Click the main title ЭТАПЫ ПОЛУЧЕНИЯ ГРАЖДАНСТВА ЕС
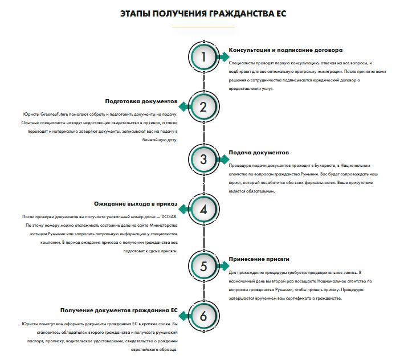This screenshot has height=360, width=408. pos(203,13)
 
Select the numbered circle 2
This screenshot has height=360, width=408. pos(204,107)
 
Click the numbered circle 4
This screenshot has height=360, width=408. pos(204,210)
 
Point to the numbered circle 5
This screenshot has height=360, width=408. pos(204,265)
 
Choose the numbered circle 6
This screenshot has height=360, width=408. pos(204,315)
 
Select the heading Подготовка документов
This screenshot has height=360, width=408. pos(142,101)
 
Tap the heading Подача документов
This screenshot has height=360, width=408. pos(259,153)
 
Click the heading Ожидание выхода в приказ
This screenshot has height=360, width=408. pos(136,203)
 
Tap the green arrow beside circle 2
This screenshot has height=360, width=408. pos(185,107)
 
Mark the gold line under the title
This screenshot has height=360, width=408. pos(203,27)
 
